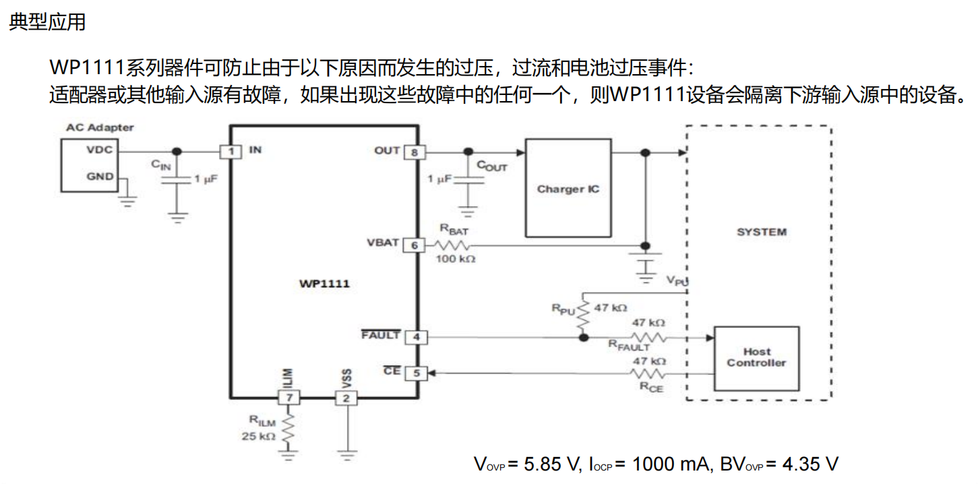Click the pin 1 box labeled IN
[x=231, y=152]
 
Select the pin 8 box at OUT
[x=415, y=152]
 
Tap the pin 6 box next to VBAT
[x=415, y=245]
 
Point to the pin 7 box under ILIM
[x=288, y=398]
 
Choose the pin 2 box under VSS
[x=346, y=398]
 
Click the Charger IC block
[x=568, y=188]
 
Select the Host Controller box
[x=756, y=358]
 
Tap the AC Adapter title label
[x=100, y=127]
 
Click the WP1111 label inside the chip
[x=324, y=284]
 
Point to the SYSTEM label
[x=761, y=232]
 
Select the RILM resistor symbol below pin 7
[x=288, y=431]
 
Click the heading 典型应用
[x=47, y=22]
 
